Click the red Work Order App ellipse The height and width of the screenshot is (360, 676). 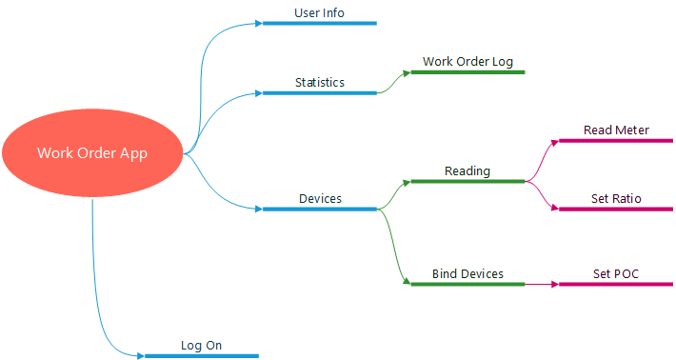pyautogui.click(x=92, y=152)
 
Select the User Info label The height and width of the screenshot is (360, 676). pyautogui.click(x=319, y=13)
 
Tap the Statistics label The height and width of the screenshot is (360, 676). pyautogui.click(x=319, y=83)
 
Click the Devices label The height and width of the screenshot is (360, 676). pyautogui.click(x=320, y=198)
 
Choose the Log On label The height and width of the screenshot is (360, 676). pyautogui.click(x=201, y=346)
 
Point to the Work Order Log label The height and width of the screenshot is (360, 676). pyautogui.click(x=467, y=62)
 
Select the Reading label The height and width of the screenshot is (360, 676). pyautogui.click(x=467, y=171)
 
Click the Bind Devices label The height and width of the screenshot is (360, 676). pyautogui.click(x=467, y=274)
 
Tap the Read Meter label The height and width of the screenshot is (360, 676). pyautogui.click(x=616, y=130)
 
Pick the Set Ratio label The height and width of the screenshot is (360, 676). pyautogui.click(x=616, y=199)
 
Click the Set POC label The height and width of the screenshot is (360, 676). pyautogui.click(x=616, y=274)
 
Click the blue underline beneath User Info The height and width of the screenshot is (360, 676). pyautogui.click(x=319, y=23)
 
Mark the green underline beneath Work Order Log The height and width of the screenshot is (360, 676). pyautogui.click(x=467, y=71)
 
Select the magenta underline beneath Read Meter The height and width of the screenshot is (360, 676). pyautogui.click(x=616, y=141)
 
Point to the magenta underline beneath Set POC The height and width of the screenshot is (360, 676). pyautogui.click(x=616, y=284)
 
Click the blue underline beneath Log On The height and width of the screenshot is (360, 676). pyautogui.click(x=201, y=356)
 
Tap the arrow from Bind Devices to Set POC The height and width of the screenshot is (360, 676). pyautogui.click(x=541, y=284)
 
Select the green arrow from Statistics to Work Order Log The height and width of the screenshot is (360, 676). pyautogui.click(x=392, y=84)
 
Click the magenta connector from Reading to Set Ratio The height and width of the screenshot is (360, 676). pyautogui.click(x=543, y=197)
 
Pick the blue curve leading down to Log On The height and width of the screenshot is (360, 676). pyautogui.click(x=96, y=286)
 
